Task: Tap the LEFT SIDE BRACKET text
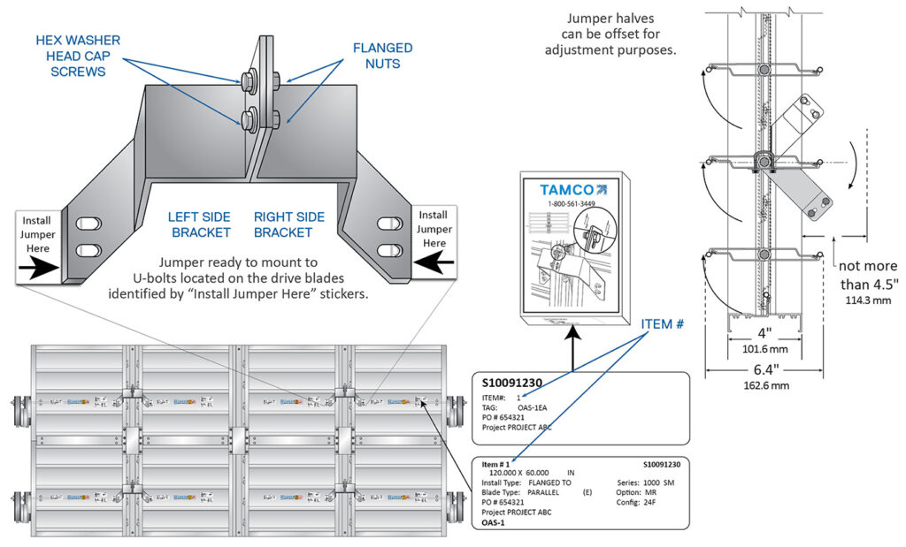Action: pyautogui.click(x=199, y=224)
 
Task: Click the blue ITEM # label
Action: pyautogui.click(x=663, y=324)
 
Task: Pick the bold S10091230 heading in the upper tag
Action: pyautogui.click(x=511, y=383)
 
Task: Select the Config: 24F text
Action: pyautogui.click(x=634, y=502)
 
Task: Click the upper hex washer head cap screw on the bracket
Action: pyautogui.click(x=247, y=80)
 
